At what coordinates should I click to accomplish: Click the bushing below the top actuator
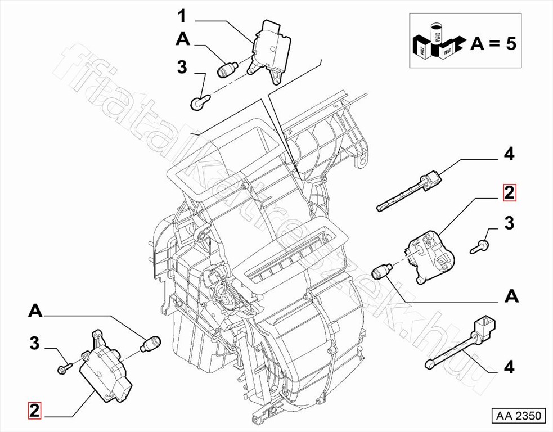[x=227, y=70]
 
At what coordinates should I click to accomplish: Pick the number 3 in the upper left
[x=182, y=67]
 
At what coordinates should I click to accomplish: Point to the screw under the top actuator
[x=199, y=102]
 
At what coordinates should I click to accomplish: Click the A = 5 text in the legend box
[x=493, y=43]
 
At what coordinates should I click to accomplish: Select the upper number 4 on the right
[x=509, y=154]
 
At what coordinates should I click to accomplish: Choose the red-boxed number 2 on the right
[x=509, y=193]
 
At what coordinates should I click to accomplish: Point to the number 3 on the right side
[x=509, y=223]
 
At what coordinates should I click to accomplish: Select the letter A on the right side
[x=511, y=296]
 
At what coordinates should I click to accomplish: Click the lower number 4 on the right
[x=509, y=367]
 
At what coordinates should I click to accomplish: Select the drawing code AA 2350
[x=518, y=416]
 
